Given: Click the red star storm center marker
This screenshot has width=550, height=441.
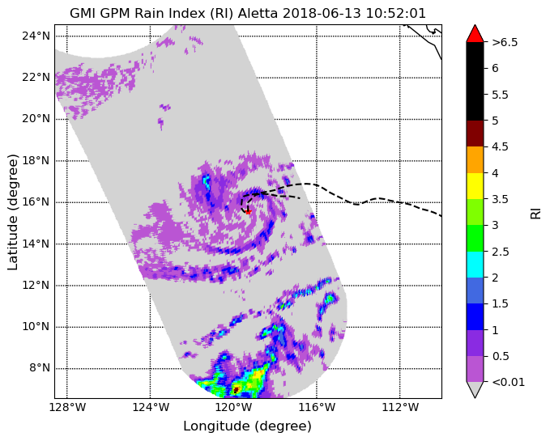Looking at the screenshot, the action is coord(248,211).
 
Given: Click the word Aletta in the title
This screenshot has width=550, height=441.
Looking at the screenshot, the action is coord(258,13).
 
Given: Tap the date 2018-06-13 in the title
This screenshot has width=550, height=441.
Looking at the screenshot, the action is coord(322,13).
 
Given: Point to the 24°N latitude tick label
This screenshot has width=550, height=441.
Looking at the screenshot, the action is coord(36,36).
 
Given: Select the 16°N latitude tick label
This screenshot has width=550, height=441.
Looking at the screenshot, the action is coord(36,202).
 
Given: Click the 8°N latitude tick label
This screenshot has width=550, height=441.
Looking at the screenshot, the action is coord(40,368).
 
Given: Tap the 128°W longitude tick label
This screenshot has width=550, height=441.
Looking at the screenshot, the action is coord(66,407).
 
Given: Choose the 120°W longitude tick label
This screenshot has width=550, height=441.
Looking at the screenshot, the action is coord(233,407).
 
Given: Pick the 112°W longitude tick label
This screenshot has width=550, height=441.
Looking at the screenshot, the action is coord(400,407).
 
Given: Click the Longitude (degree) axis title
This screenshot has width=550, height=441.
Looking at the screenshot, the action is coord(247,426).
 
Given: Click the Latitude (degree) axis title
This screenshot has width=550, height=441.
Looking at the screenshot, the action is coord(12,212).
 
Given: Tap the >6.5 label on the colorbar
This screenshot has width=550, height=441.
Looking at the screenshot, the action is coord(505,42).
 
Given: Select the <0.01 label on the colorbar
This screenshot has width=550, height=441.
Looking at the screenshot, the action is coord(508,382).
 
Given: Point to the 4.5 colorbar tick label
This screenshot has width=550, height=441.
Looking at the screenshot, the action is coord(500,146).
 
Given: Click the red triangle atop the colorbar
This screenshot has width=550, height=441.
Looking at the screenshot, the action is coord(475,34).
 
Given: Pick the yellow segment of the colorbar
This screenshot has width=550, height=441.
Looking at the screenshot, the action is coord(475,186).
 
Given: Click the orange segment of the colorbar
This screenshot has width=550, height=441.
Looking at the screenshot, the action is coord(475,159).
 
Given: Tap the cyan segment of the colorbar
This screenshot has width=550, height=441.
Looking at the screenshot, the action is coord(475,265).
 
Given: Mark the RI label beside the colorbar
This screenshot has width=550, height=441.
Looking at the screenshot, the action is coord(535,213).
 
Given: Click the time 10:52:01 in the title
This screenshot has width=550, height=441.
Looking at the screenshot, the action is coord(396,13).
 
